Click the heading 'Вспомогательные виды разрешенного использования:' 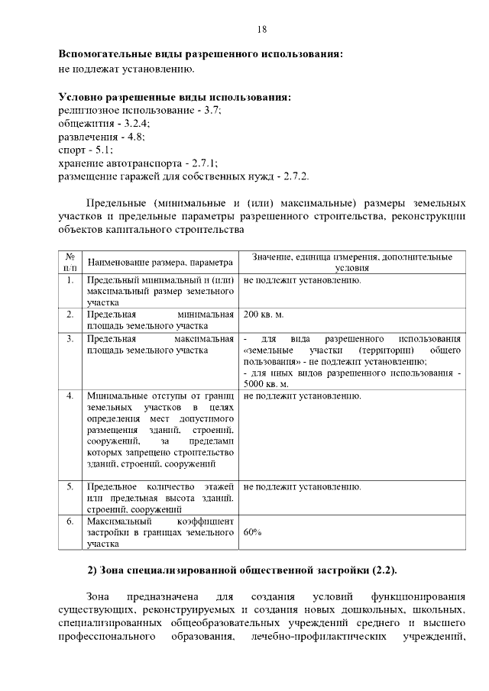(201, 55)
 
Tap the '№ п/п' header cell (70, 262)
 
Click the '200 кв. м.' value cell (264, 314)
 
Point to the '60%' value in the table (252, 532)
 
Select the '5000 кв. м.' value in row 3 (267, 383)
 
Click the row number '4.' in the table (70, 396)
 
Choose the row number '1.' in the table (70, 280)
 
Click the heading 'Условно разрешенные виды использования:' (175, 97)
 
